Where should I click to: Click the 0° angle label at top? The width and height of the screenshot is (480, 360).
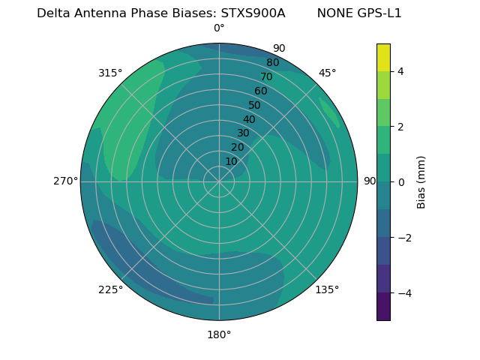point(219,28)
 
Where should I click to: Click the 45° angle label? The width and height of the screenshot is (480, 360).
point(327,73)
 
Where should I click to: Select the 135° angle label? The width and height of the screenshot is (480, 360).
point(327,289)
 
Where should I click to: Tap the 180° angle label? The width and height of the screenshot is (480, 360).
point(219,334)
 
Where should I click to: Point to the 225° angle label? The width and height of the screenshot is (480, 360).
point(110,289)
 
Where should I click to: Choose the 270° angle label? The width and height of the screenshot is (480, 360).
point(65,181)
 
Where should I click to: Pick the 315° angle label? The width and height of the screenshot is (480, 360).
point(110,73)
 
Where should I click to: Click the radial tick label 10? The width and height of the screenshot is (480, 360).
point(231,161)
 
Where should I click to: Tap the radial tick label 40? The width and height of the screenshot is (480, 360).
point(249,119)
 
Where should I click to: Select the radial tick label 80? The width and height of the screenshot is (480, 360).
point(272,63)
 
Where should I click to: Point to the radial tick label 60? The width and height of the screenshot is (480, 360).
point(260,91)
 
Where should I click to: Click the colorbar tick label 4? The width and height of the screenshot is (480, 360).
point(400,71)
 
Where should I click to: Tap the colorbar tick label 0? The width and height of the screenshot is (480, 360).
point(400,182)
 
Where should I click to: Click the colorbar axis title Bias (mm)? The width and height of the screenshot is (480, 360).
point(421,182)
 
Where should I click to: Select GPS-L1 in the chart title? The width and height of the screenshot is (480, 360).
point(379,13)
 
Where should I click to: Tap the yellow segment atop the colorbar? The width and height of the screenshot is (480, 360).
point(383,57)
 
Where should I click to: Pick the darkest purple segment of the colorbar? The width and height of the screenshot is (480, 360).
point(383,307)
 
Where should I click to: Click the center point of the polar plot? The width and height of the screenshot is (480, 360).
point(219,181)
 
